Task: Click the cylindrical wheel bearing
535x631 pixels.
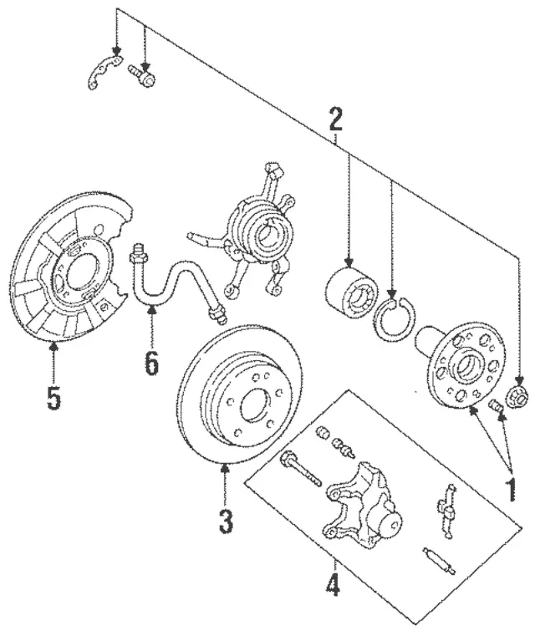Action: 352,288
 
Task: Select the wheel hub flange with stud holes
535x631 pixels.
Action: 465,364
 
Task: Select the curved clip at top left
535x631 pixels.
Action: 101,73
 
